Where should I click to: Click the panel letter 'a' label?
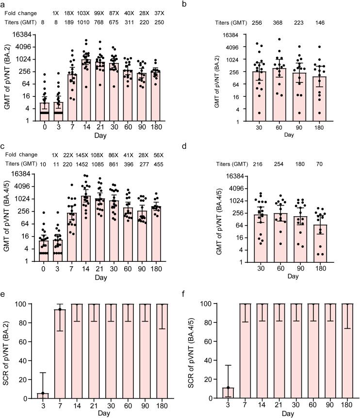3,4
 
